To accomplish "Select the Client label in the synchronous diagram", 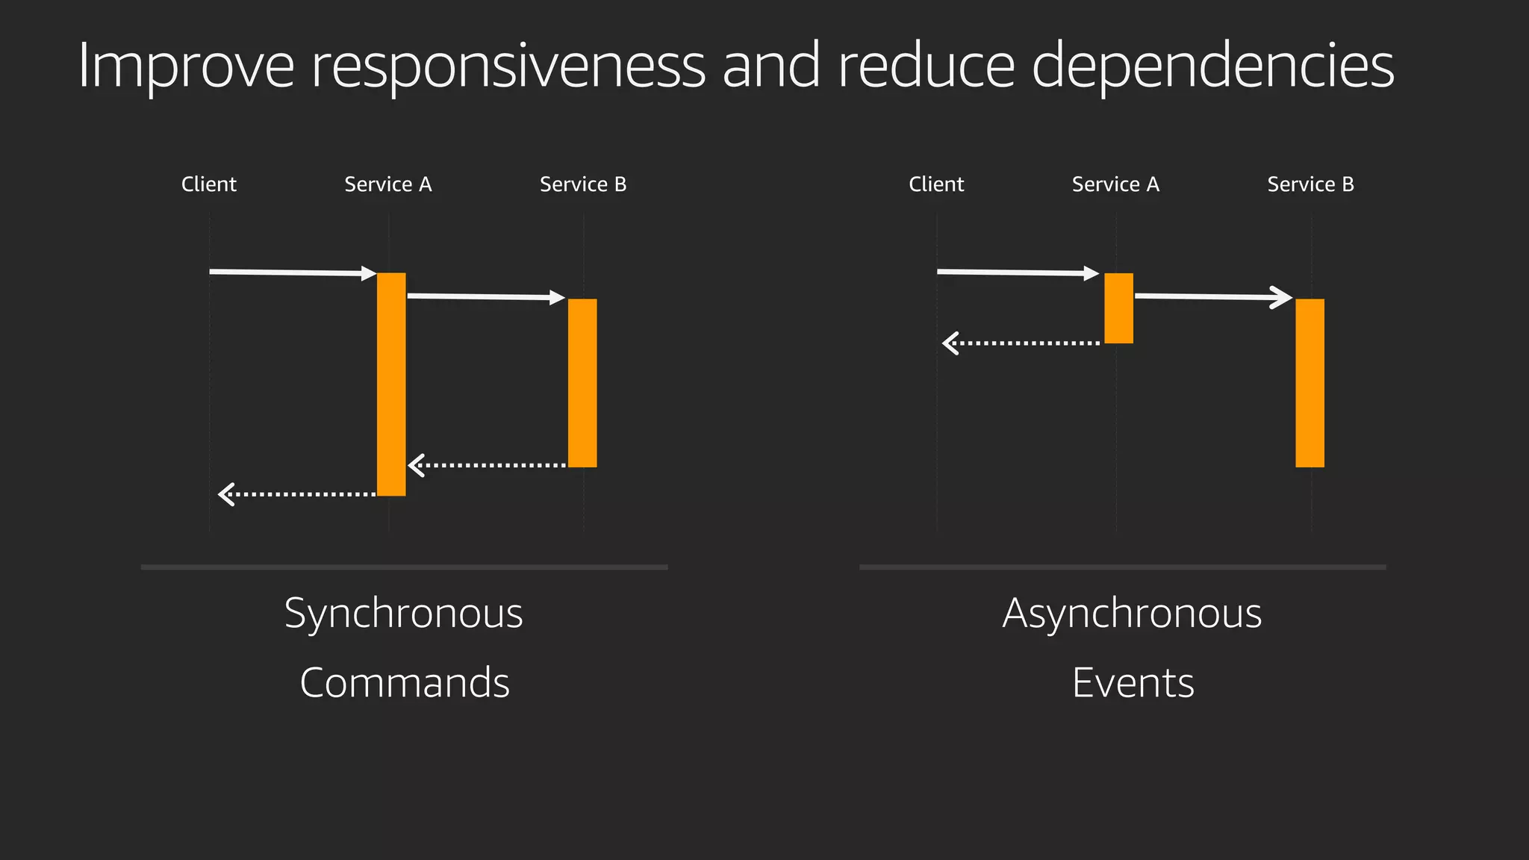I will (209, 184).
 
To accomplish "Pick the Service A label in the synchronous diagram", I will (388, 184).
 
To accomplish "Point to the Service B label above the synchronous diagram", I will (583, 184).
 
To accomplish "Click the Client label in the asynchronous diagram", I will (936, 184).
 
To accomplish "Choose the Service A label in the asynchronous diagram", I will (1115, 184).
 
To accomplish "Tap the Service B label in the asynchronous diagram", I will (1310, 184).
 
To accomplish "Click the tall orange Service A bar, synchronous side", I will (391, 384).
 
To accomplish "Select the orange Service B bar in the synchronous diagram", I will (582, 383).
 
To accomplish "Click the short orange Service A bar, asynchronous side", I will (1118, 308).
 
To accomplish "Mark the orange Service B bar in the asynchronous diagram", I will (1310, 383).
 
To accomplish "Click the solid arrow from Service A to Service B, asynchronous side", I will (1213, 297).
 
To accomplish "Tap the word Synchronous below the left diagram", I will (404, 614).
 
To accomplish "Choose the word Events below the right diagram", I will (1133, 683).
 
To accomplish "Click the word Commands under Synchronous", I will (404, 683).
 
